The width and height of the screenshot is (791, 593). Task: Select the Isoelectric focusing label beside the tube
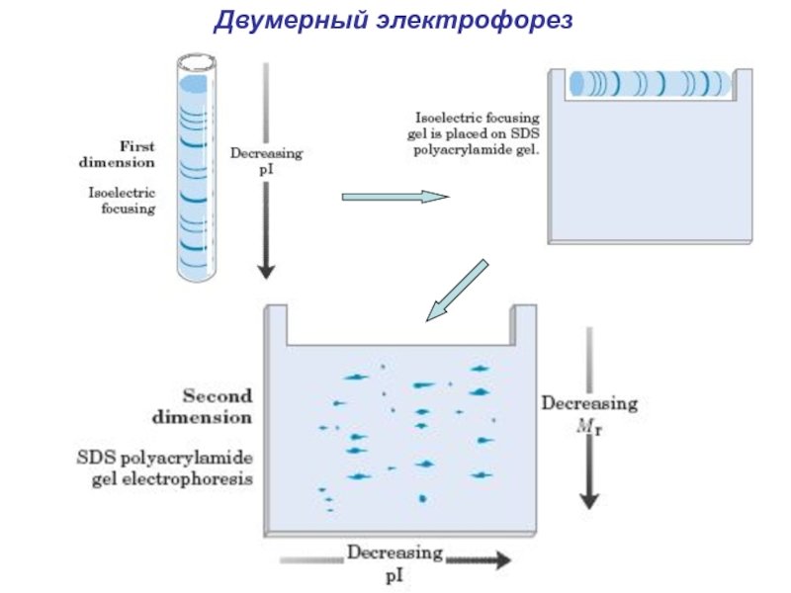[x=122, y=202]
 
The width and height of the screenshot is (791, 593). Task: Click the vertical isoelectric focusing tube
[x=196, y=168]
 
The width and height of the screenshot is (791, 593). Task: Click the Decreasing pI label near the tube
[x=266, y=161]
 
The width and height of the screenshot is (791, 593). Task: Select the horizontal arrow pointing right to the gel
[x=395, y=197]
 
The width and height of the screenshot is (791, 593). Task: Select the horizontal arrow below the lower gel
[x=480, y=560]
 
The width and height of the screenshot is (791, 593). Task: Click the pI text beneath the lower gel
[x=395, y=572]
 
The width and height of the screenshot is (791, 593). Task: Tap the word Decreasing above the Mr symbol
[x=589, y=404]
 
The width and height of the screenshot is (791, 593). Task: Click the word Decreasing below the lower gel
[x=395, y=551]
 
